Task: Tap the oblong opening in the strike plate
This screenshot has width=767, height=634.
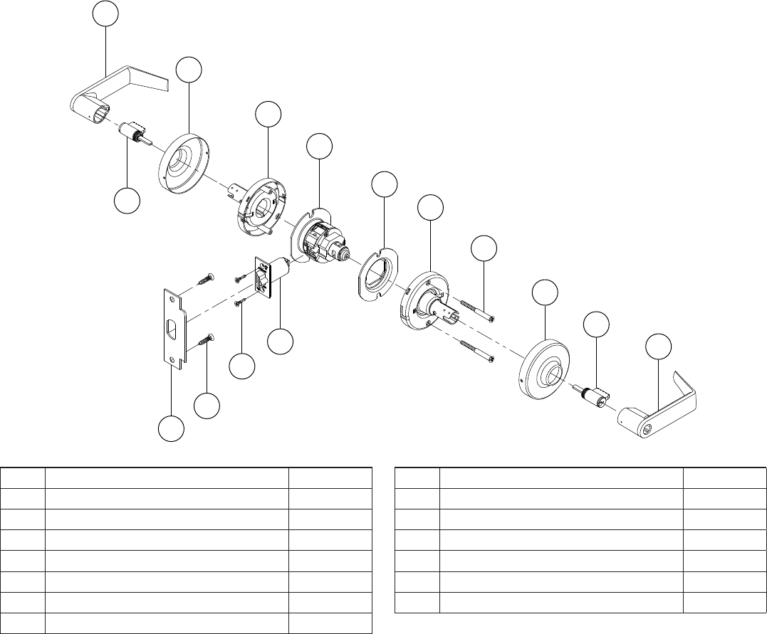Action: pos(171,330)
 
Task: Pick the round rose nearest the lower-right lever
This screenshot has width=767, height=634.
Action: pos(544,364)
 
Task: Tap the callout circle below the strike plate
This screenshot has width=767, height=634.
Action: pos(170,429)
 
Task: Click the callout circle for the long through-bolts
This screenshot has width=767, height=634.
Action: pos(484,248)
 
